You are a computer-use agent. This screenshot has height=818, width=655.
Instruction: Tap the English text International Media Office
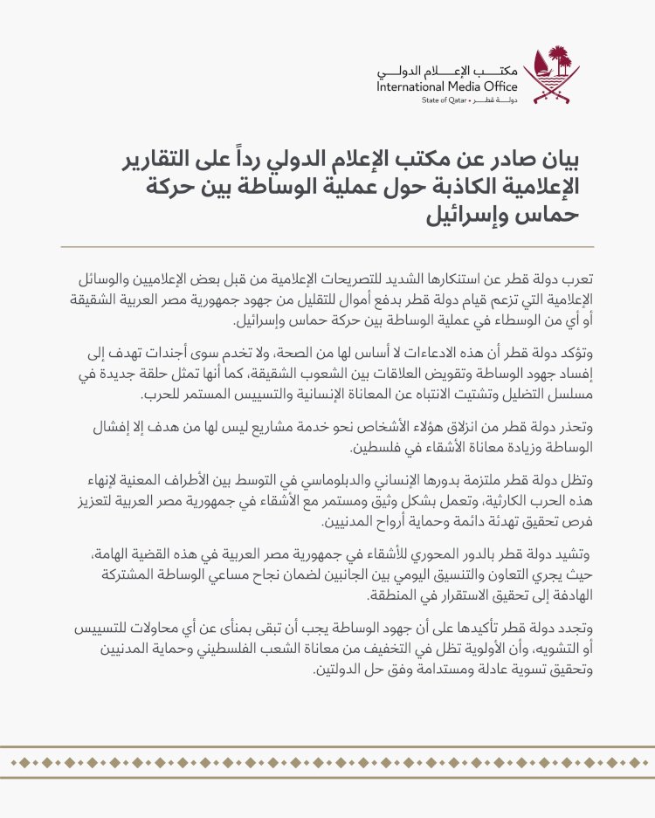[447, 86]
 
